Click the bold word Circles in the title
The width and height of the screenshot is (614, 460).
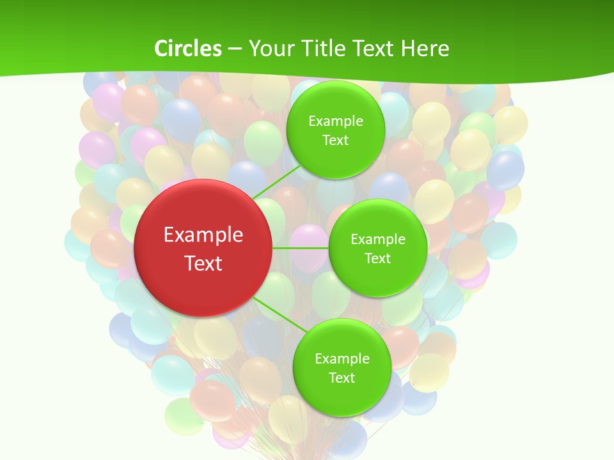pos(187,49)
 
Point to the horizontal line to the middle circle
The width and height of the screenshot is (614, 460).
pos(301,248)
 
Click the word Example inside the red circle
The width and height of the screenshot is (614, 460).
pos(203,235)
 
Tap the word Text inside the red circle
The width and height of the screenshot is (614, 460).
pos(203,263)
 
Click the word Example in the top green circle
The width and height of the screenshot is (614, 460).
pos(335,121)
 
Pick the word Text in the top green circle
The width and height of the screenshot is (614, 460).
pos(335,141)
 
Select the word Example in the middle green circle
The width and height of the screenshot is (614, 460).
pos(378,240)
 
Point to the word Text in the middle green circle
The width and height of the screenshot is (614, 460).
pos(378,259)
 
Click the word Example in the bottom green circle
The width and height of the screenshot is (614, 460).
pos(342,359)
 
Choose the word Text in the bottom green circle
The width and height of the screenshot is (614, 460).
pos(342,378)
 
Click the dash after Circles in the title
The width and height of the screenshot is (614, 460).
pos(235,49)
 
